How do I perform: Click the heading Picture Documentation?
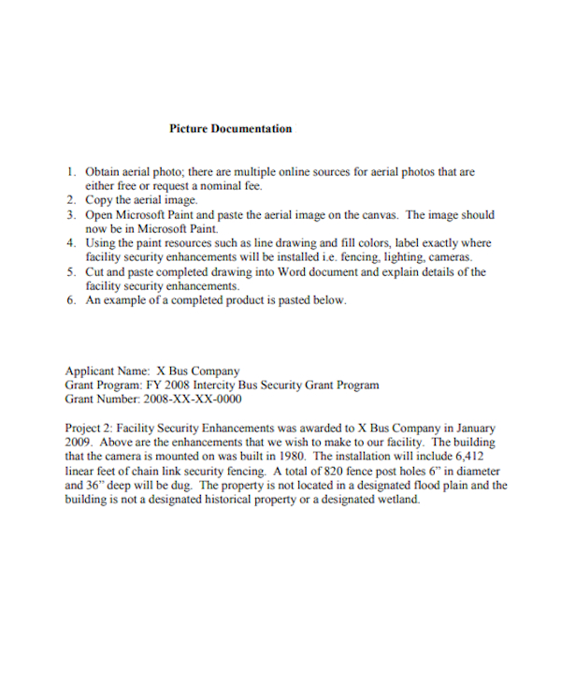(230, 129)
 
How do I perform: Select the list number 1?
(71, 172)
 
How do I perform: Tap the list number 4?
(71, 242)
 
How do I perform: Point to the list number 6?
(71, 300)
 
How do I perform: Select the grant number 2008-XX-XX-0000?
(193, 399)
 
